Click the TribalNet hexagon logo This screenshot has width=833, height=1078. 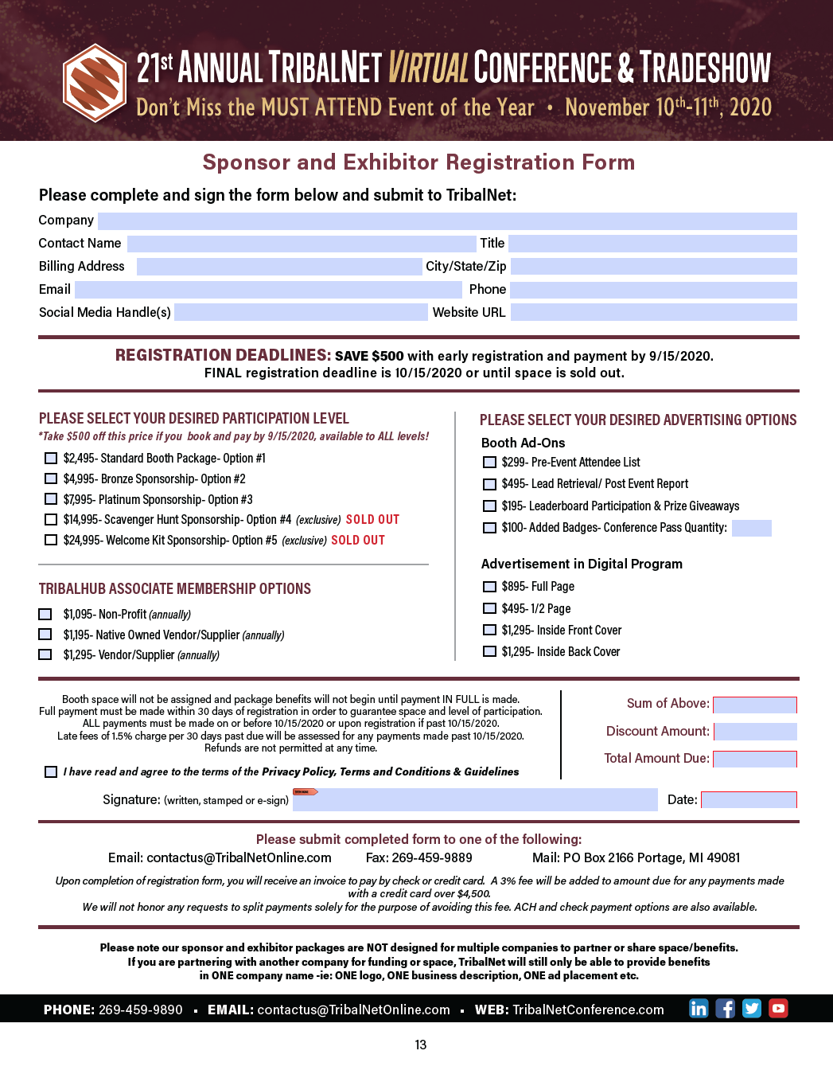point(95,83)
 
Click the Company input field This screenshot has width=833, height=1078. point(447,221)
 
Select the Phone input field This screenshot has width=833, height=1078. point(653,290)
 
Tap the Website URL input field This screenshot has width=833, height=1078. point(653,312)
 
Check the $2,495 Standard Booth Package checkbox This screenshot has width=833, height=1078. point(51,459)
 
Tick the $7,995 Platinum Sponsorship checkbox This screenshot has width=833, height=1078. point(51,500)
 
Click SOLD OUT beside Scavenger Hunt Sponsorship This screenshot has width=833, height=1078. point(372,520)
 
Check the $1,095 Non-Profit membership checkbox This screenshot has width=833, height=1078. point(45,615)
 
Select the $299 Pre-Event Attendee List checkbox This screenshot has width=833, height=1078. point(489,463)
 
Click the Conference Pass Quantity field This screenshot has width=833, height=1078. point(751,528)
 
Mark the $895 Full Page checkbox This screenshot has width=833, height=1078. point(489,587)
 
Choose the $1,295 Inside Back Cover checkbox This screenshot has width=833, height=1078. point(489,652)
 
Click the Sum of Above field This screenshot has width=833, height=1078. point(754,705)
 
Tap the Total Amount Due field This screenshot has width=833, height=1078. point(754,759)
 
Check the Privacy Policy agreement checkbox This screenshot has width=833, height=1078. point(51,772)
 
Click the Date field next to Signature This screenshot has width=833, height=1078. point(748,799)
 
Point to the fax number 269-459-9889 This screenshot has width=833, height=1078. point(432,857)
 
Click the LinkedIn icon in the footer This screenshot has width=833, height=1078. point(699,1009)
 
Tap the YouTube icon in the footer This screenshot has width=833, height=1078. point(778,1009)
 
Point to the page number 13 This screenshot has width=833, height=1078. point(421,1045)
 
